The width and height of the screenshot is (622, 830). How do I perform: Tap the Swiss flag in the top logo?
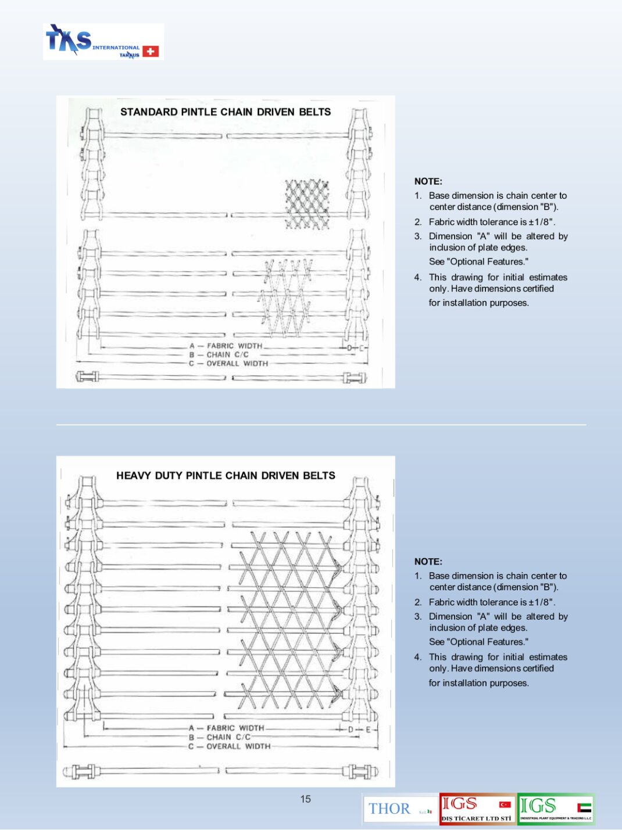(151, 51)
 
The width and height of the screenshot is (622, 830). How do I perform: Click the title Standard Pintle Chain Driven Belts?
(226, 112)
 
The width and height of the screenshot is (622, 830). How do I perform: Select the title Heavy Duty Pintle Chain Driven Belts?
(226, 475)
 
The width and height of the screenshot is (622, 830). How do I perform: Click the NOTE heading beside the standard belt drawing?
(428, 181)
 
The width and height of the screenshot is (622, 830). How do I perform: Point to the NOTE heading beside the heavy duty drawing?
(428, 561)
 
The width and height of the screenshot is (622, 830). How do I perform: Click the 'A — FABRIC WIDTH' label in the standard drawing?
(226, 346)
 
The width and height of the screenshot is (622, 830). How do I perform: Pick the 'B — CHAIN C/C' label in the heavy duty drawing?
(220, 737)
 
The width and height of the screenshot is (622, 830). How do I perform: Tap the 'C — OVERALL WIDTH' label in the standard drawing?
(228, 364)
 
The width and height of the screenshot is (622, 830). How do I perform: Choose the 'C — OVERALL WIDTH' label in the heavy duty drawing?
(230, 746)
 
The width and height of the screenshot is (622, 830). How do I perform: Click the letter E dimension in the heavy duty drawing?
(368, 729)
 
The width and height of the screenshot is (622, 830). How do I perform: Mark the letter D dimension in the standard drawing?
(350, 348)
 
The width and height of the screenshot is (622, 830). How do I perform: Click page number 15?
(305, 799)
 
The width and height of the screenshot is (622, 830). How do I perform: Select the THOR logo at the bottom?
(389, 809)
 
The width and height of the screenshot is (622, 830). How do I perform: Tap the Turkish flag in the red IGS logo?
(505, 804)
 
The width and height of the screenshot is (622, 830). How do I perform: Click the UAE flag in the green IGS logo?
(584, 807)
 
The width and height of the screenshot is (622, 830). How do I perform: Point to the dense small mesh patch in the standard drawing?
(307, 203)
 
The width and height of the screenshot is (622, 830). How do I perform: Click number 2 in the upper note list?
(418, 222)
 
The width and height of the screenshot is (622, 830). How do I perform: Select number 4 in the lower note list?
(418, 657)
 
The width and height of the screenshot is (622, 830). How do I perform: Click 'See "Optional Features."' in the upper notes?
(478, 261)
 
